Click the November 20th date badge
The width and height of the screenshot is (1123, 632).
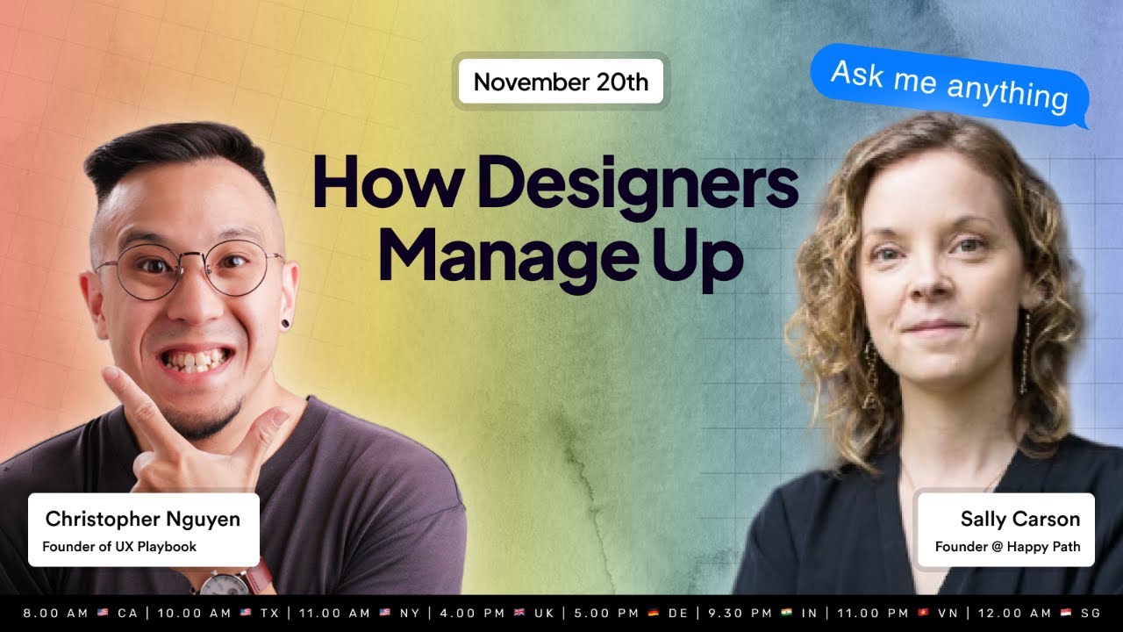pyautogui.click(x=561, y=83)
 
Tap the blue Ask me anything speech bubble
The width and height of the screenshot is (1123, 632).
pyautogui.click(x=949, y=84)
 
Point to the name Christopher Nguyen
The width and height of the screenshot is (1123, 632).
pyautogui.click(x=143, y=519)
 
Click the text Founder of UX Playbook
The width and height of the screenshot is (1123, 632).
pyautogui.click(x=119, y=547)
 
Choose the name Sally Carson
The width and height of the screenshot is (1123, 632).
pyautogui.click(x=1020, y=519)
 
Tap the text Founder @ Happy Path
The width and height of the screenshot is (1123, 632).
pyautogui.click(x=1007, y=547)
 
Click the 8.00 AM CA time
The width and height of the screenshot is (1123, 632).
pyautogui.click(x=81, y=613)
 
